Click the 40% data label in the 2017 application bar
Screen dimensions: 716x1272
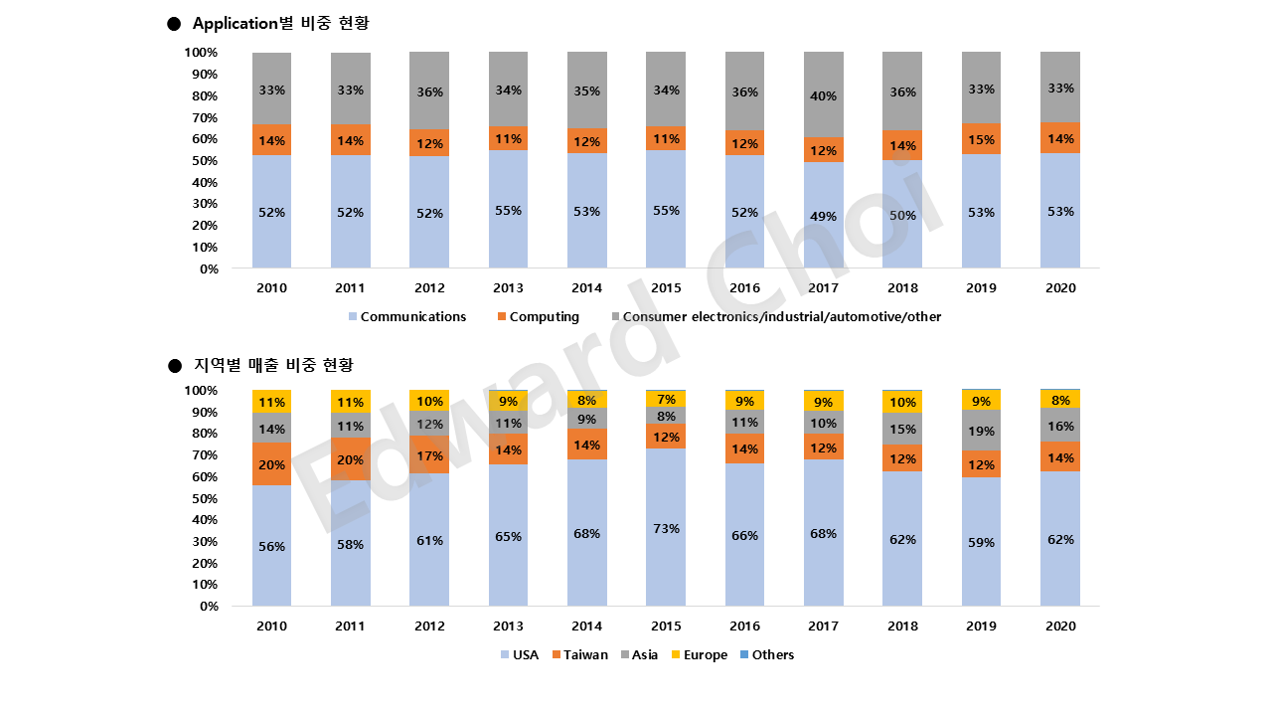[824, 96]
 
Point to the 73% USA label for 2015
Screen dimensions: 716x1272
[666, 528]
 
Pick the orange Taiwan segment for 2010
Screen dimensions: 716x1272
[271, 464]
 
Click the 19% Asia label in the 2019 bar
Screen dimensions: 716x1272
[981, 432]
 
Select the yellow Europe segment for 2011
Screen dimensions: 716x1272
[350, 402]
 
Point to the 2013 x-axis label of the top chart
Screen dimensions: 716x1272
[508, 288]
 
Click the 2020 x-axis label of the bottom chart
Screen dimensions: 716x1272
[1060, 626]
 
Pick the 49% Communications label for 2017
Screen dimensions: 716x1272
[824, 216]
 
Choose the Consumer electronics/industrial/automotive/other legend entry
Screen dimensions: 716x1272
[781, 316]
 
